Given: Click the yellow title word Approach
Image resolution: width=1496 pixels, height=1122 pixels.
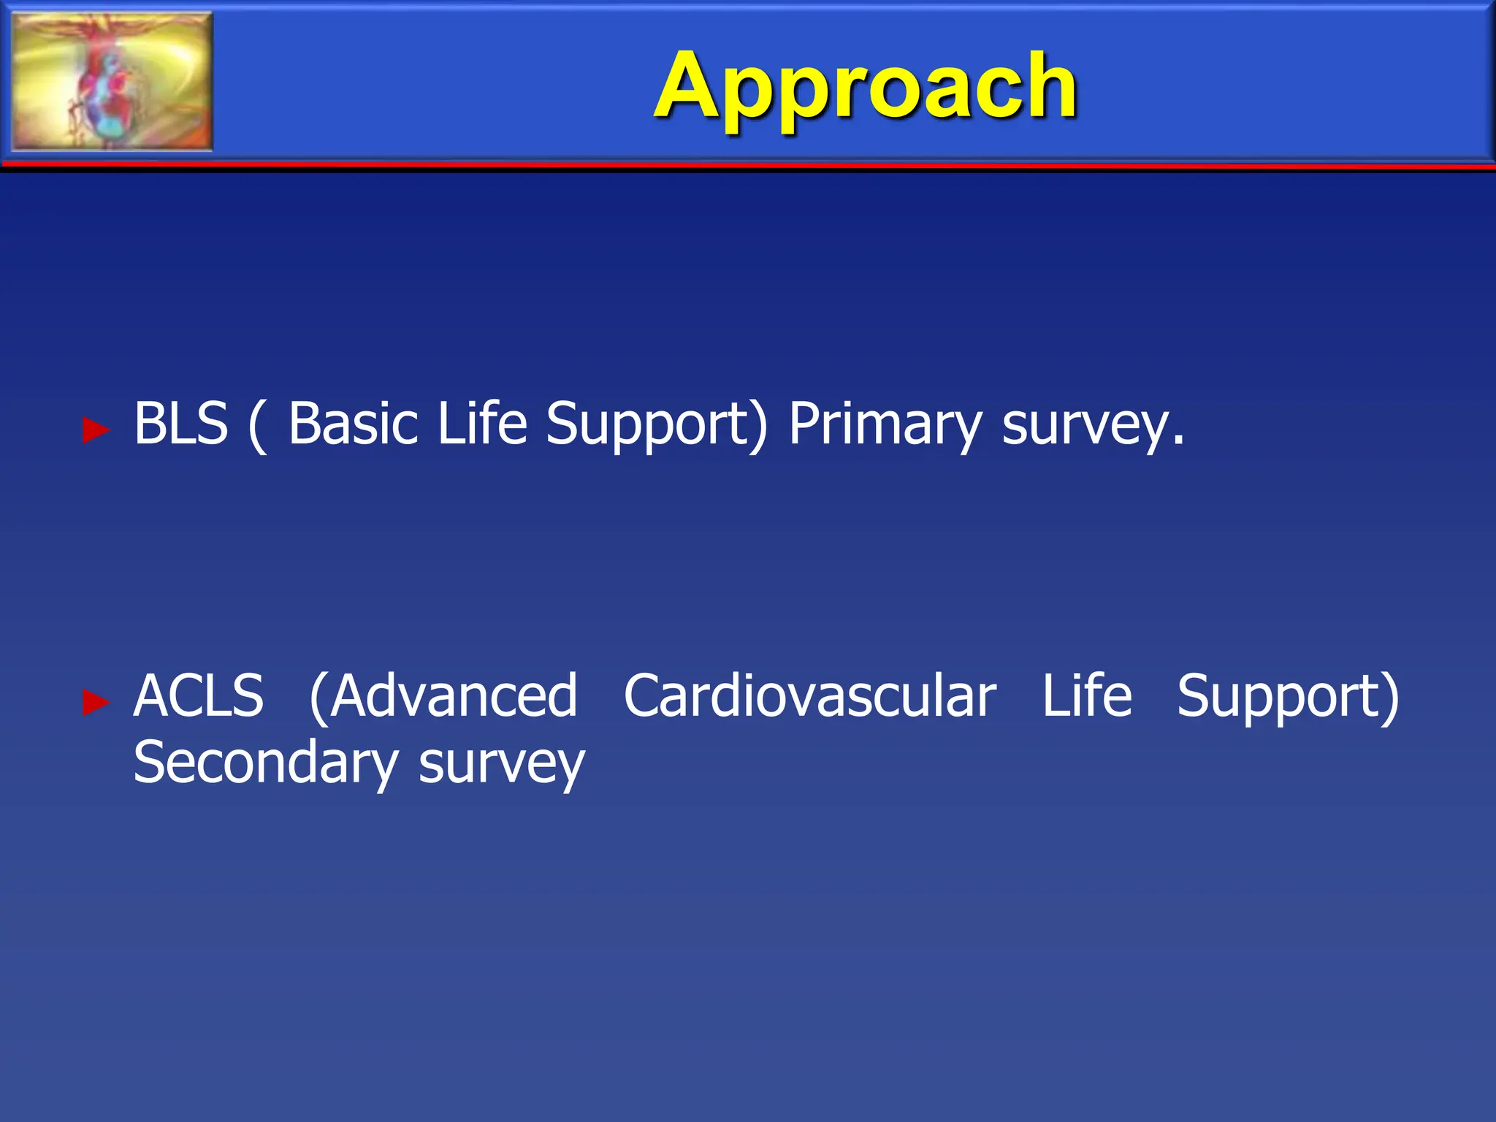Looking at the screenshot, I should [865, 88].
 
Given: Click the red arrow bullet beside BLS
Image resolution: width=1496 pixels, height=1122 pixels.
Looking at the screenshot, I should [96, 430].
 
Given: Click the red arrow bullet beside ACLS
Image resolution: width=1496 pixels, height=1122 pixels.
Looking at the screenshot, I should [96, 702].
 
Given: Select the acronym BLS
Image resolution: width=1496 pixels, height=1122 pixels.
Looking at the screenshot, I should [180, 424].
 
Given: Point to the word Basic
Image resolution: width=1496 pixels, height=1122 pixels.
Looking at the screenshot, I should [354, 424].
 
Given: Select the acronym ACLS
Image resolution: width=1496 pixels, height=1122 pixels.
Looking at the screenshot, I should [199, 696].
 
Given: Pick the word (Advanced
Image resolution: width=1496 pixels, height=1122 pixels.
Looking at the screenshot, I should [443, 696].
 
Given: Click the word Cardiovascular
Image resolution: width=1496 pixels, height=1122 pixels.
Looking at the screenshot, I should [809, 696].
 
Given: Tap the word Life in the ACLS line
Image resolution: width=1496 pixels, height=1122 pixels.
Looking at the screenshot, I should [1086, 696].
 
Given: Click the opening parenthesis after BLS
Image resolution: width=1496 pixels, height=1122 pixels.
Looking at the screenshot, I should [257, 425].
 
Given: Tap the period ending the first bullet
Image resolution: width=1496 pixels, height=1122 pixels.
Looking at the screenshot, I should [1178, 441].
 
